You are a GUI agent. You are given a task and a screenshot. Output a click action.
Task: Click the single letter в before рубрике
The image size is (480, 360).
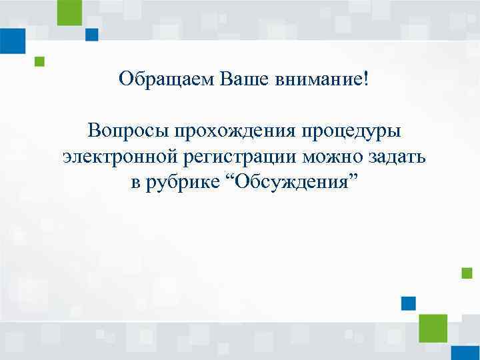(x=135, y=183)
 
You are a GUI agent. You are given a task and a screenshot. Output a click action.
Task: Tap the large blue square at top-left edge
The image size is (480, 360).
(x=12, y=41)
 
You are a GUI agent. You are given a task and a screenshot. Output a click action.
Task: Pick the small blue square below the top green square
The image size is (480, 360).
(x=91, y=35)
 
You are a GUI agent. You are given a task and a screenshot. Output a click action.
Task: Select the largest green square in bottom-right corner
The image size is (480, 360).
(x=433, y=328)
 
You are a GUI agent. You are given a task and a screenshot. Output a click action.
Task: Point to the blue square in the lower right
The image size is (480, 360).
(x=409, y=303)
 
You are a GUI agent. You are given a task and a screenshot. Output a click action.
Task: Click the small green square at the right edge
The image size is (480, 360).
(x=467, y=273)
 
